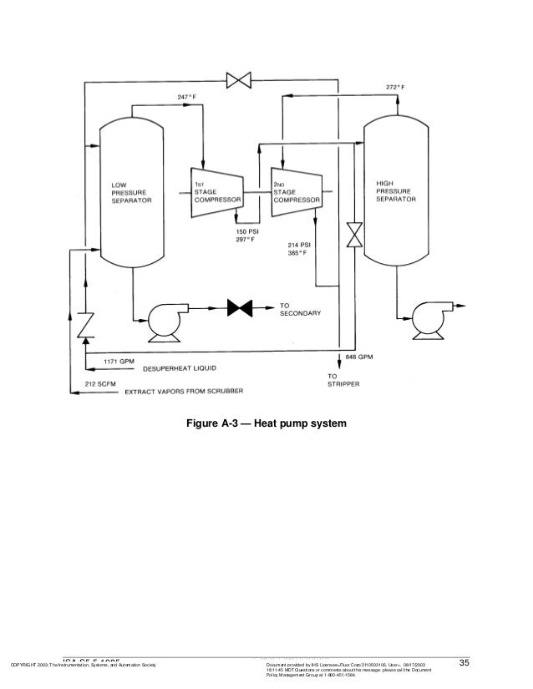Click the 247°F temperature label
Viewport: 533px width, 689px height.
point(185,97)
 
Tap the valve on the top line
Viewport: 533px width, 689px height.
point(241,81)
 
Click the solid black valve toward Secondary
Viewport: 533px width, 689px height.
point(241,308)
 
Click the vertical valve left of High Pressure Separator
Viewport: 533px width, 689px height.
point(356,235)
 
